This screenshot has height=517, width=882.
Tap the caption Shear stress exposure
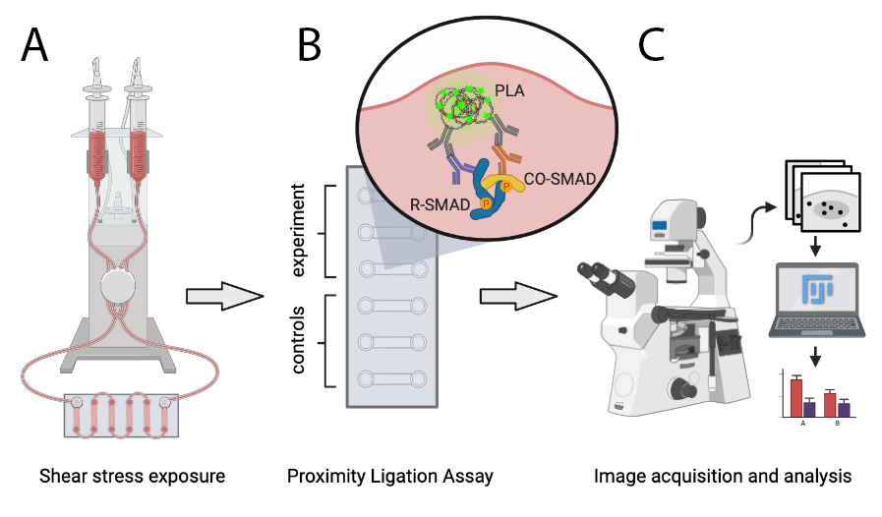[133, 477]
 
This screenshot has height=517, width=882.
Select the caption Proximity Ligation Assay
[389, 477]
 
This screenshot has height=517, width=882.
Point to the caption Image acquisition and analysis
[723, 477]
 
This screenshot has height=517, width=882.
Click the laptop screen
[815, 291]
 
